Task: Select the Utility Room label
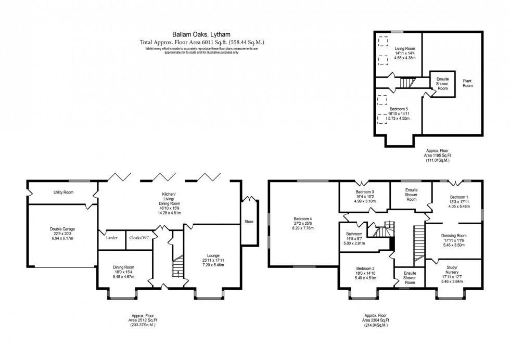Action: [x=63, y=192]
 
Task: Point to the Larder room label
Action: [x=112, y=238]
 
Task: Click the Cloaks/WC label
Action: [x=139, y=238]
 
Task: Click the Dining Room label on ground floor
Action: [x=123, y=267]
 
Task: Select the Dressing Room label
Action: [x=453, y=235]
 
